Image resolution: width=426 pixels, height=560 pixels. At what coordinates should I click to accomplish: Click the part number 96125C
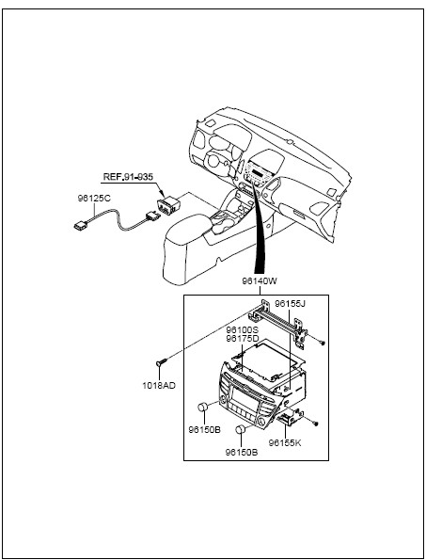pos(94,199)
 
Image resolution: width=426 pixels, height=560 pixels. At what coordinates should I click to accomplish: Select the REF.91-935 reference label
pos(128,177)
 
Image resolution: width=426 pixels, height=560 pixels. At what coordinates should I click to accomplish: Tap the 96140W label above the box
pos(260,281)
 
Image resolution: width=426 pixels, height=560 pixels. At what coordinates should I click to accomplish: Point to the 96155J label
pos(290,304)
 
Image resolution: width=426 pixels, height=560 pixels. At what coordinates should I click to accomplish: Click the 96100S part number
pos(243,330)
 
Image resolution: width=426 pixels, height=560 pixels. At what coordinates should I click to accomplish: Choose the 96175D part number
pos(243,338)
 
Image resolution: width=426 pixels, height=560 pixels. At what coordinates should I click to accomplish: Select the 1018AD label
pos(159,386)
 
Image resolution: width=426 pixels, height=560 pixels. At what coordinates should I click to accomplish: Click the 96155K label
pos(285,443)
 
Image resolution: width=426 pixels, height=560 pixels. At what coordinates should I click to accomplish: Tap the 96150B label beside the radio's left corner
pos(205,429)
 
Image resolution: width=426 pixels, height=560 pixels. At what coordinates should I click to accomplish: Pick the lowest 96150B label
pos(242,453)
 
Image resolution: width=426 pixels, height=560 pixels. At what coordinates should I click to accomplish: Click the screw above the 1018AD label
pos(161,361)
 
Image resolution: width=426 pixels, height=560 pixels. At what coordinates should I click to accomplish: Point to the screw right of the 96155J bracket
pos(323,343)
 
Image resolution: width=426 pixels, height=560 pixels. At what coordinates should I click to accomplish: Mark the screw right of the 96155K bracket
pos(315,424)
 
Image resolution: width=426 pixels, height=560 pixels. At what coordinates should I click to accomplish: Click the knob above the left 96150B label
pos(203,407)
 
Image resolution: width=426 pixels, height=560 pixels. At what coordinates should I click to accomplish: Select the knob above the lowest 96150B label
pos(241,429)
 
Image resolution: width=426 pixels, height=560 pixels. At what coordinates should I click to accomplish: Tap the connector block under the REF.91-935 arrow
pos(168,205)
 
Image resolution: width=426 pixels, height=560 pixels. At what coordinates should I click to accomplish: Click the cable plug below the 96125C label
pos(80,225)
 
